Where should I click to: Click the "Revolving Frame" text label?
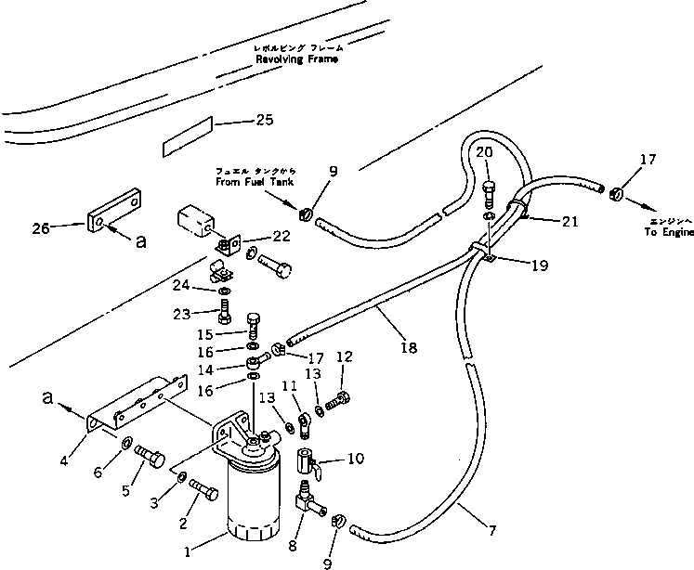pyautogui.click(x=297, y=58)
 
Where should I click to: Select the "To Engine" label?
pyautogui.click(x=662, y=233)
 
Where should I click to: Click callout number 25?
pyautogui.click(x=264, y=120)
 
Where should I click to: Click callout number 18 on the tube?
pyautogui.click(x=409, y=348)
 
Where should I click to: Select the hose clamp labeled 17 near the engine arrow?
pyautogui.click(x=614, y=194)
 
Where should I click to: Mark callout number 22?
pyautogui.click(x=281, y=237)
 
